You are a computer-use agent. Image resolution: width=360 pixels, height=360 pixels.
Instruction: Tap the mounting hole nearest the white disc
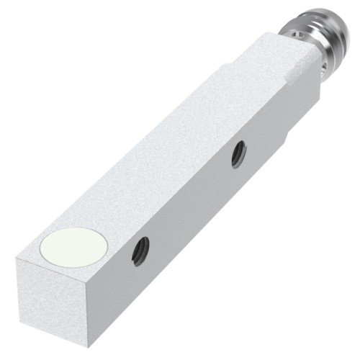141,250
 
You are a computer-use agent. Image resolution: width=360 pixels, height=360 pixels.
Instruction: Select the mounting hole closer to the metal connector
238,154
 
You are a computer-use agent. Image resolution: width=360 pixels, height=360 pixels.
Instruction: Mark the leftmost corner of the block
17,262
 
